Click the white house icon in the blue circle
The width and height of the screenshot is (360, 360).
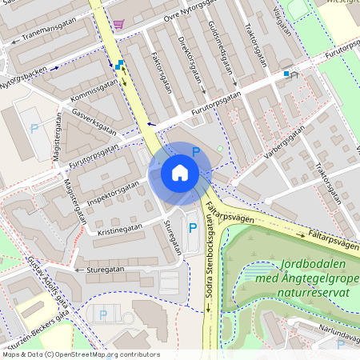[x=180, y=172]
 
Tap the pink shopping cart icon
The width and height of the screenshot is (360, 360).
[x=119, y=25]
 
